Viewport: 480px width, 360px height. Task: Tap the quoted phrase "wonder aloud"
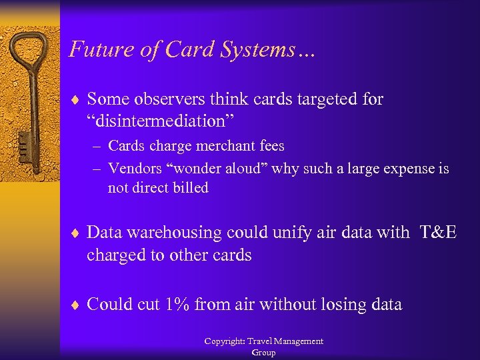click(215, 169)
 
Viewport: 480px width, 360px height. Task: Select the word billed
click(190, 188)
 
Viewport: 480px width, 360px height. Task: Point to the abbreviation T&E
click(438, 232)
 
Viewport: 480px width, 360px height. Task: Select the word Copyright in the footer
click(224, 341)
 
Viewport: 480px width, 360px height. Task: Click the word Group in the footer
click(263, 352)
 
